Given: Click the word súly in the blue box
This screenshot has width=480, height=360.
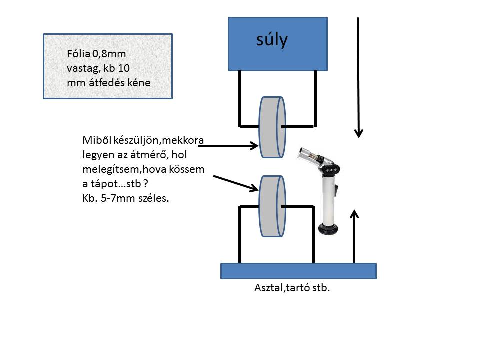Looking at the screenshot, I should [x=272, y=40].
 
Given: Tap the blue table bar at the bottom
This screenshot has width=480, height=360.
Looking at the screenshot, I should [x=298, y=271].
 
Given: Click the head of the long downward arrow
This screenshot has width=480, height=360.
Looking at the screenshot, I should [x=358, y=133].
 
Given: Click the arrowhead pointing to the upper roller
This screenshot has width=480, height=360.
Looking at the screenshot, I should [x=253, y=146].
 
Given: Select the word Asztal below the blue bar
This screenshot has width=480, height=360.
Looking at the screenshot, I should [x=268, y=289].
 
